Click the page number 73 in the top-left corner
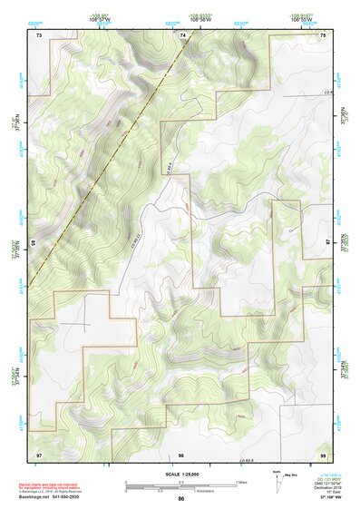39,34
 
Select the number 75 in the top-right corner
323,34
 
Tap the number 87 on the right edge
328,243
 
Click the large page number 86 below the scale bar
181,499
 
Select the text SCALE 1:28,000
181,475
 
